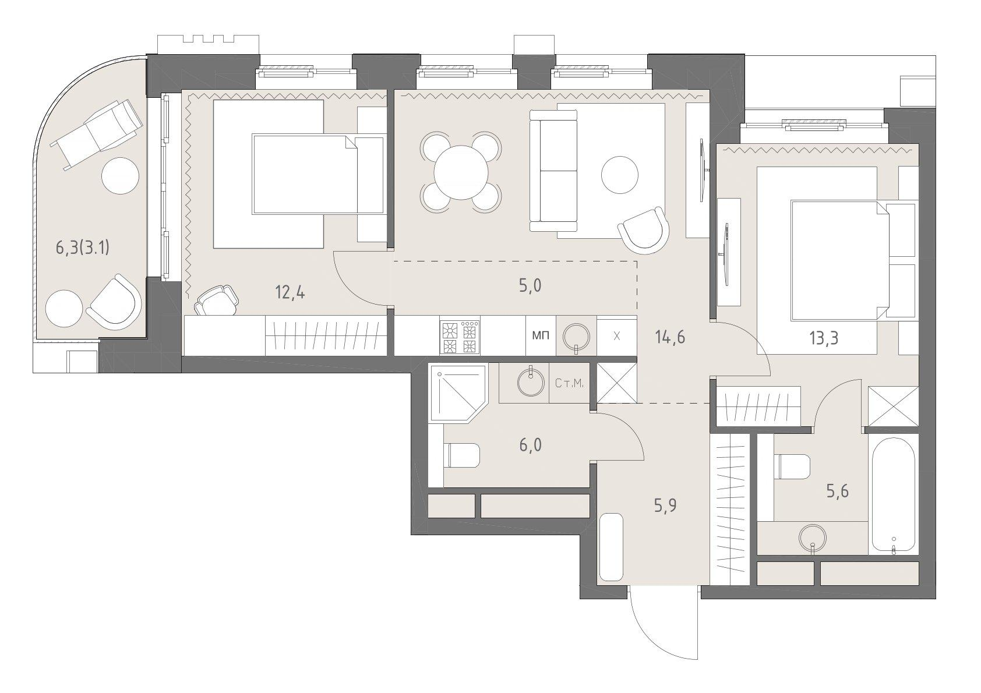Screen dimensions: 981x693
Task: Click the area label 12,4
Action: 290,292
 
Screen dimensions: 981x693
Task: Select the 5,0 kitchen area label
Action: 530,286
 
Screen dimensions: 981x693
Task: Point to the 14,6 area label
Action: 670,337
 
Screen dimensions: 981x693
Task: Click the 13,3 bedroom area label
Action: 824,338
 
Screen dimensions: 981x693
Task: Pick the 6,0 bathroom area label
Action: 530,446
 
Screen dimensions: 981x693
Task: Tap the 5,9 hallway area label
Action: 665,505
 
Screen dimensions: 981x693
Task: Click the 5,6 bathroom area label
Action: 837,492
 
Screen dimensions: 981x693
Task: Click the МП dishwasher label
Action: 541,335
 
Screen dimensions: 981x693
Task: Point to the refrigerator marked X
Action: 617,336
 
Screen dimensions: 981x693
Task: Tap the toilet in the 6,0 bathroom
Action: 461,455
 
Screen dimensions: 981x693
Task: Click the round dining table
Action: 461,172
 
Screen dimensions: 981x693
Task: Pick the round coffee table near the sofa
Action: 620,175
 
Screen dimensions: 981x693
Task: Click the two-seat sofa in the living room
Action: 553,170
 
